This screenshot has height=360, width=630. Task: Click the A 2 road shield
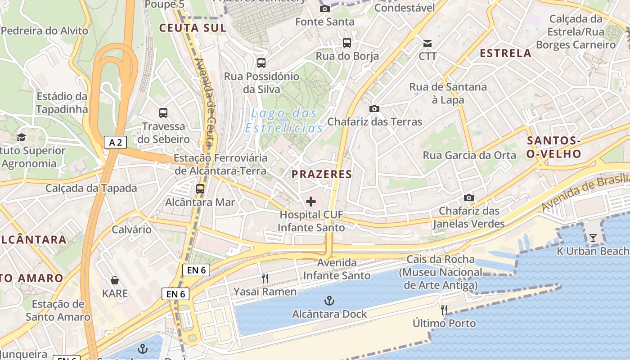tap(116, 142)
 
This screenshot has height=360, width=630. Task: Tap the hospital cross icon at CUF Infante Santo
tap(310, 202)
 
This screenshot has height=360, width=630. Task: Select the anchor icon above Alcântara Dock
tap(329, 300)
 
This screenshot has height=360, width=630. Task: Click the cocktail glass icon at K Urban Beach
tap(593, 238)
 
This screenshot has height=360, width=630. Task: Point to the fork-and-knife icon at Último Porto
tap(444, 310)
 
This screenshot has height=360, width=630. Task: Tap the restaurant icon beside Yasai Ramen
tap(265, 279)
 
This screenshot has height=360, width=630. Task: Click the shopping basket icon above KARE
tap(115, 280)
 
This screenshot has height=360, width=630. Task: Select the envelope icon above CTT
tap(427, 44)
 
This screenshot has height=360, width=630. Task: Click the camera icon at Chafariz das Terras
tap(374, 108)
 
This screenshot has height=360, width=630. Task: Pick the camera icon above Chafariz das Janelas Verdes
tap(468, 198)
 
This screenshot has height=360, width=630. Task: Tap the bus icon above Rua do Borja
tap(347, 43)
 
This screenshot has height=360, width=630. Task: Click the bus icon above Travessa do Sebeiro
tap(163, 113)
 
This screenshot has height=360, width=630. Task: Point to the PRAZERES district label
tap(321, 174)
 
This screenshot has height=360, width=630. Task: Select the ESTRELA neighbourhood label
tap(505, 53)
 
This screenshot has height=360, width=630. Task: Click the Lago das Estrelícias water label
tap(284, 120)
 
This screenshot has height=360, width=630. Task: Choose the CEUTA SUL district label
tap(192, 28)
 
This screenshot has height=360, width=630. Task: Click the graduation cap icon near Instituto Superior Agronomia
tap(21, 137)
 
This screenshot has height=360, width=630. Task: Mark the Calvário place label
tap(132, 229)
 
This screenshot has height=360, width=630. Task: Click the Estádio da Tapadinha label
tap(62, 103)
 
